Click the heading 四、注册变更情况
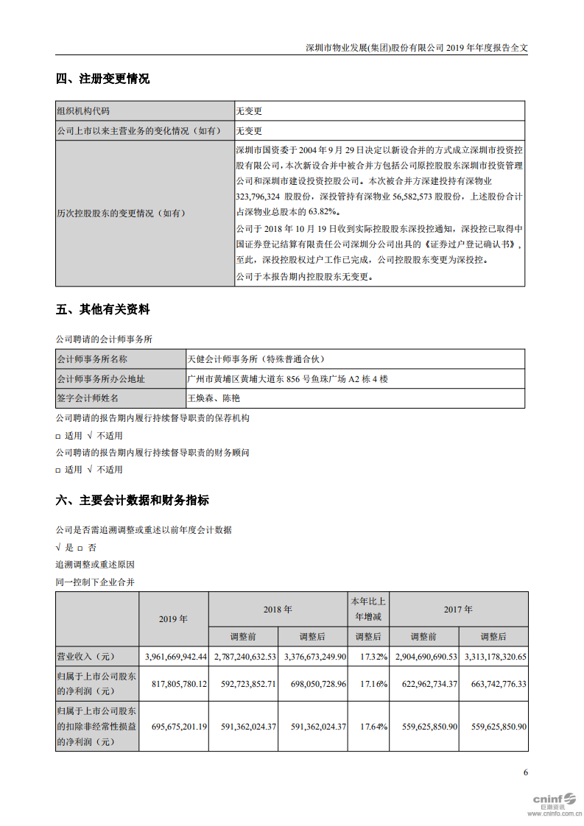[102, 79]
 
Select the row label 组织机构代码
[83, 111]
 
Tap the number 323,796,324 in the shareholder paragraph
[261, 197]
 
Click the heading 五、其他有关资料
[102, 310]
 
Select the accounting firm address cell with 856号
[288, 378]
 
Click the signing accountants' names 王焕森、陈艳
[214, 398]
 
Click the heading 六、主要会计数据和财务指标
[132, 501]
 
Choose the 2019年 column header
[173, 619]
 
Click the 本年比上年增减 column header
[368, 609]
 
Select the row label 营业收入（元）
[86, 656]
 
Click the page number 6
[525, 772]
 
